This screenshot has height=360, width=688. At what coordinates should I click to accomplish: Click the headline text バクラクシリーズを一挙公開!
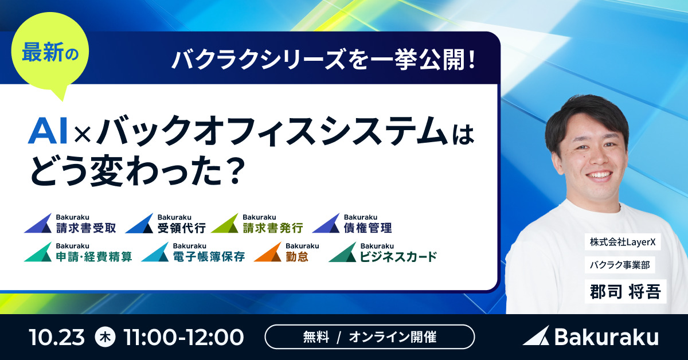pyautogui.click(x=325, y=59)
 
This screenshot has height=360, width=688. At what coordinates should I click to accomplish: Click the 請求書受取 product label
pyautogui.click(x=86, y=228)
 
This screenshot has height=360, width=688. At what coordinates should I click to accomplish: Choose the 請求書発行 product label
pyautogui.click(x=272, y=228)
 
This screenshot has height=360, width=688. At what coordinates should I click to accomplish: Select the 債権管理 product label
pyautogui.click(x=368, y=228)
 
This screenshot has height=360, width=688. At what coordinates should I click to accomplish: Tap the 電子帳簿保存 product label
pyautogui.click(x=209, y=256)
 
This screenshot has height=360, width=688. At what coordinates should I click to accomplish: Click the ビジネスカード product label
pyautogui.click(x=398, y=256)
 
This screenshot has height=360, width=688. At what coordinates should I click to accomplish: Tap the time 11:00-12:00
pyautogui.click(x=183, y=336)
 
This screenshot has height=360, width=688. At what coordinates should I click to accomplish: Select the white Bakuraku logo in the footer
pyautogui.click(x=591, y=336)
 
